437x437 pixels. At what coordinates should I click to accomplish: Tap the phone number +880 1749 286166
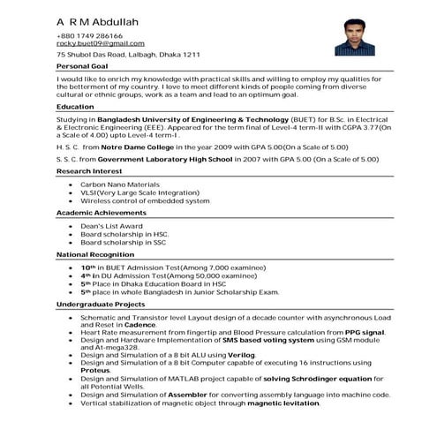[x=90, y=35]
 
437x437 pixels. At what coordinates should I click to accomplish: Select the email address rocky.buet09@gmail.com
[x=100, y=43]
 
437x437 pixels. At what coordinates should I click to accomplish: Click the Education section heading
[x=75, y=106]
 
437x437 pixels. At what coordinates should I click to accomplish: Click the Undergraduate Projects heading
[x=101, y=304]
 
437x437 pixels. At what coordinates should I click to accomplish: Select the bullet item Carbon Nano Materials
[x=119, y=184]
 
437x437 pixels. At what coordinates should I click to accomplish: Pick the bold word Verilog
[x=265, y=353]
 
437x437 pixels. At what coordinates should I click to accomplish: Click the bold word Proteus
[x=98, y=370]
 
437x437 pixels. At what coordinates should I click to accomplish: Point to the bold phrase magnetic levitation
[x=283, y=403]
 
